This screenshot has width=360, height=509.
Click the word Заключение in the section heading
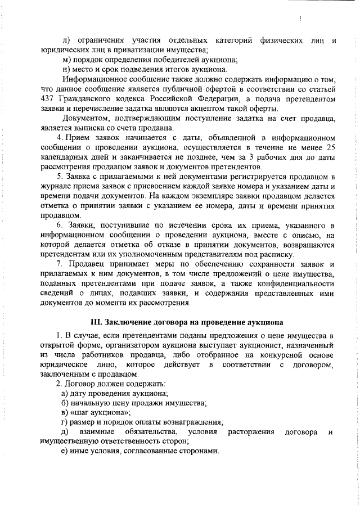click(x=129, y=322)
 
